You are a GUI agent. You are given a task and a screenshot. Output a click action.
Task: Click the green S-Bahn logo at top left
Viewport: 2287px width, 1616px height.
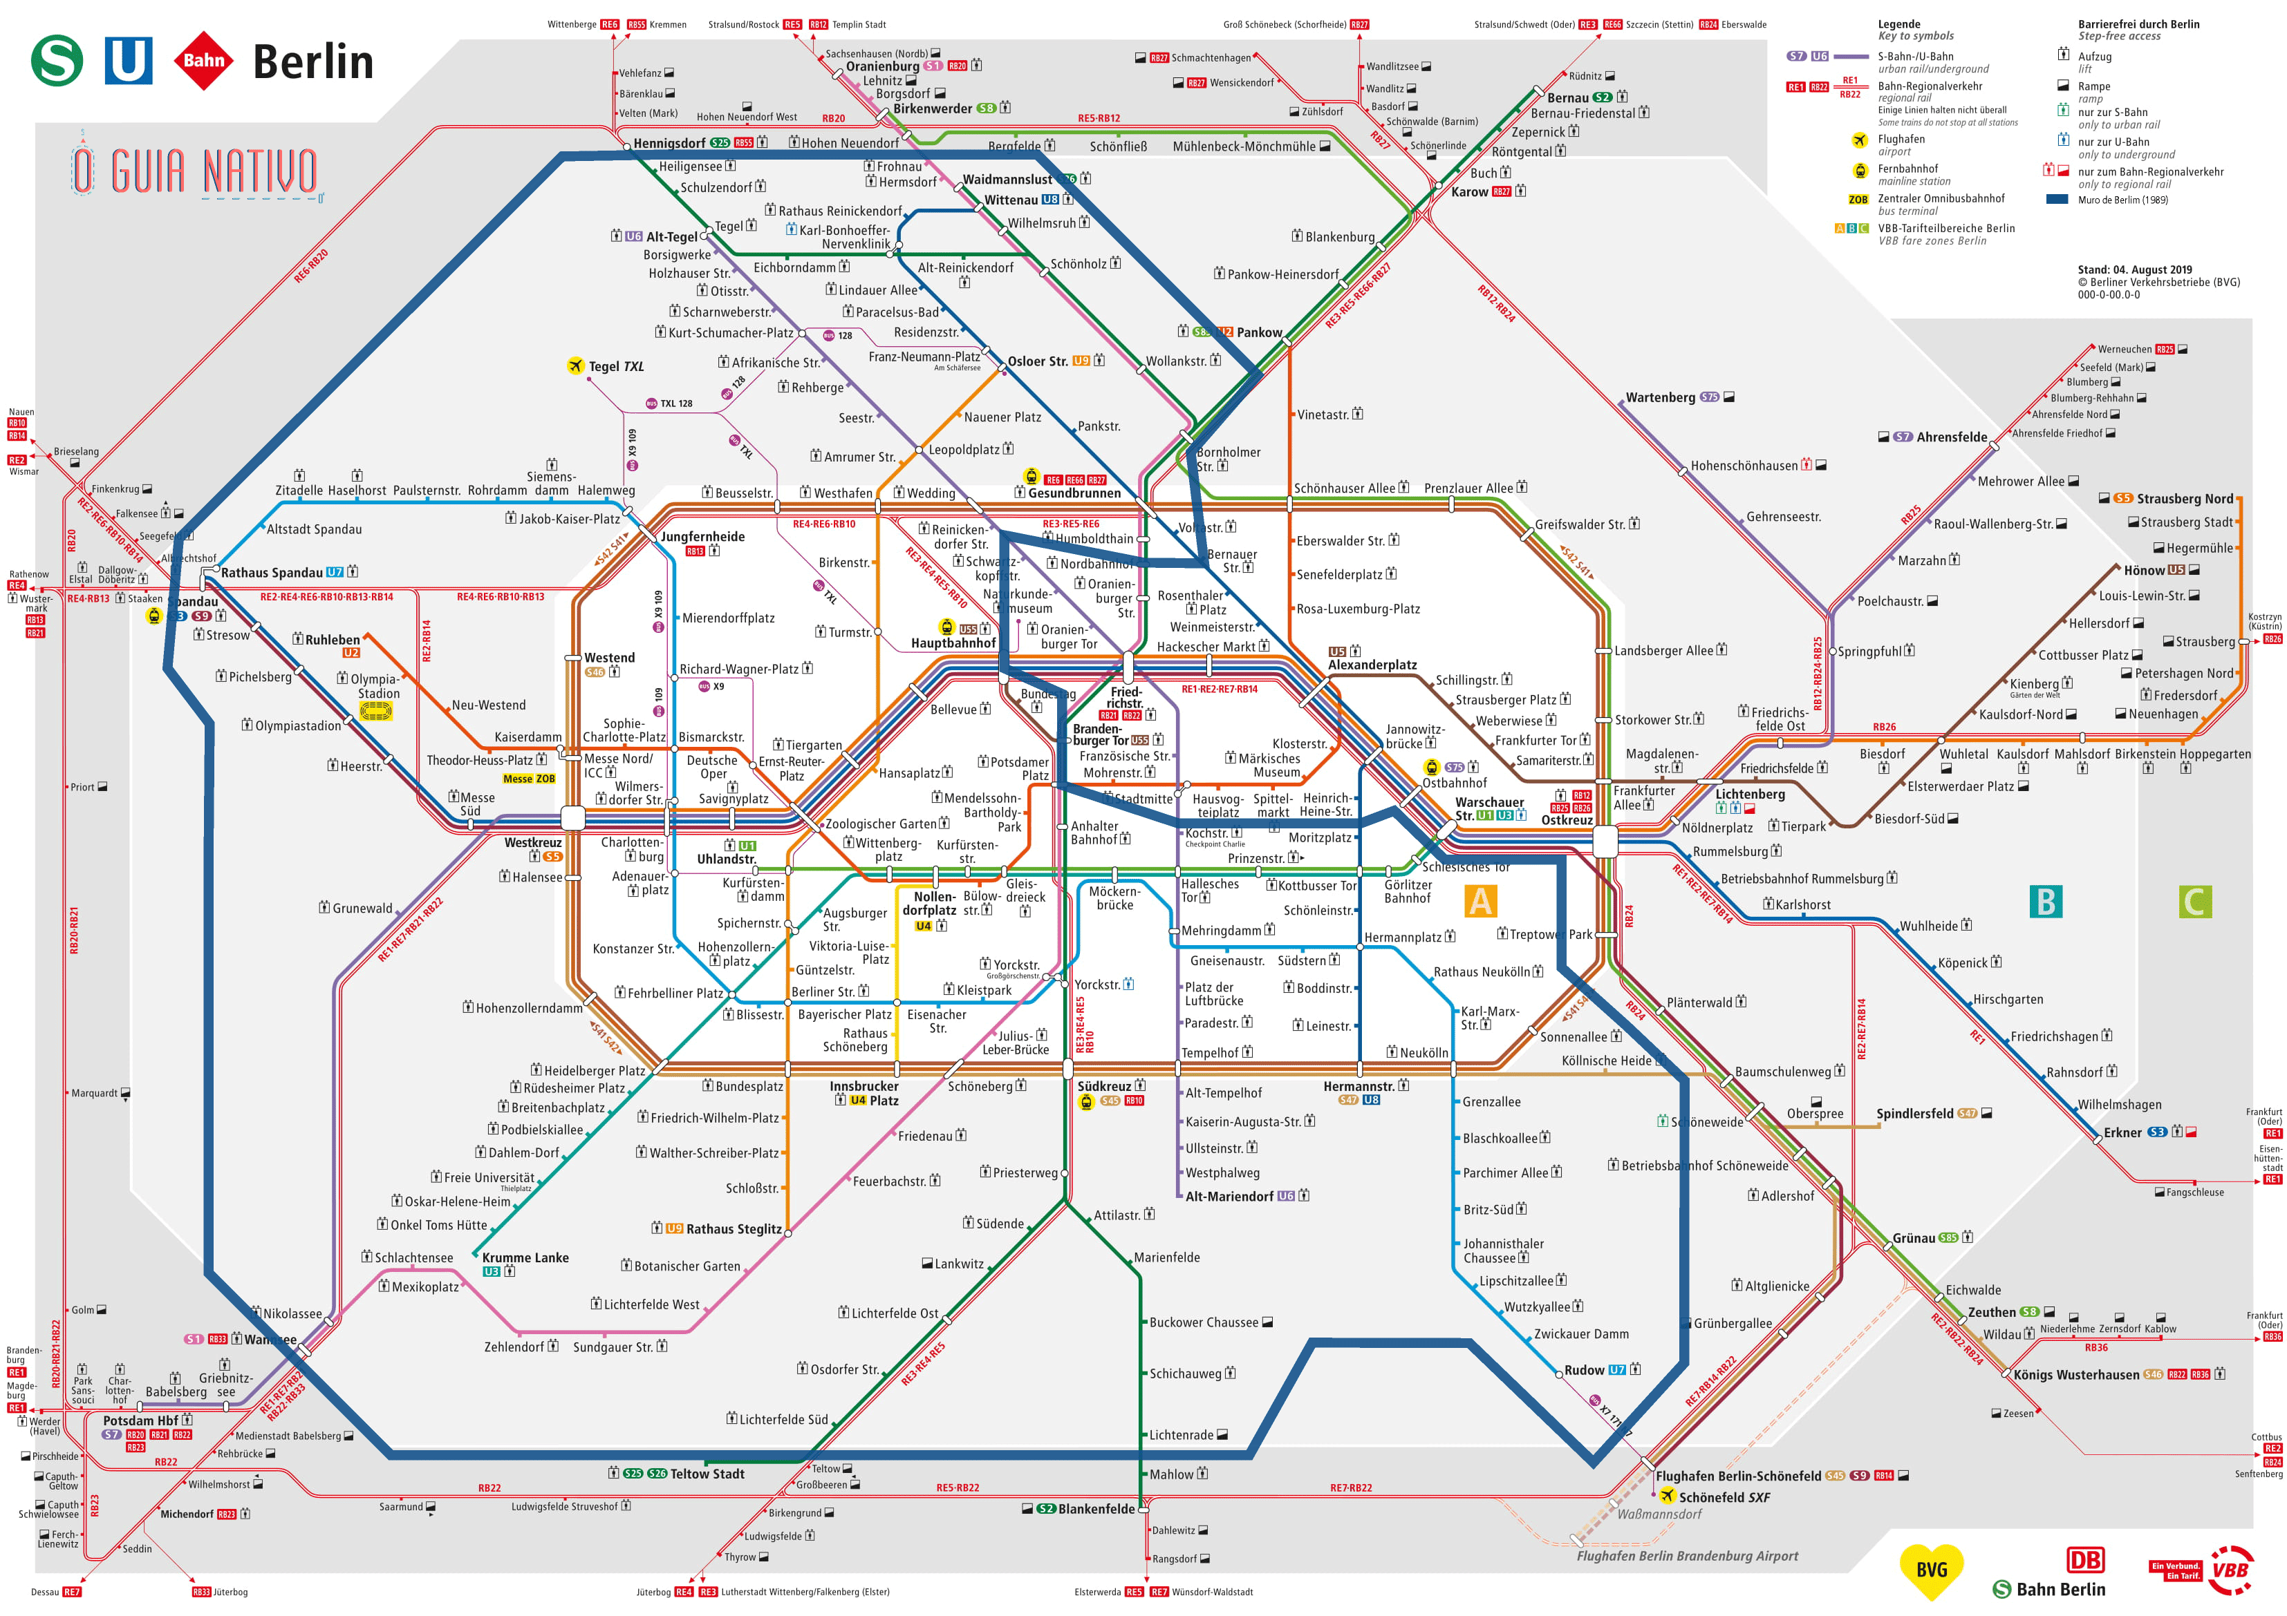coord(57,61)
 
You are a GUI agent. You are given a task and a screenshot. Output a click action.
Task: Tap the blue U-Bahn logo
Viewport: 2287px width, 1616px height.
coord(129,61)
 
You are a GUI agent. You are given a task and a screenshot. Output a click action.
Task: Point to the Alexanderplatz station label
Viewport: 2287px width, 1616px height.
coord(1372,665)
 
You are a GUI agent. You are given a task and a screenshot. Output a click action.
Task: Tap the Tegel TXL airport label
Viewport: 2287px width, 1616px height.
coord(615,366)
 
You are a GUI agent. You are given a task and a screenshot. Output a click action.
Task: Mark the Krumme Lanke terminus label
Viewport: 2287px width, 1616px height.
coord(525,1257)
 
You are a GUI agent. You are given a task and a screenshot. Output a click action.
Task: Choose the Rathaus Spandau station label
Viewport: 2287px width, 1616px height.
coord(271,573)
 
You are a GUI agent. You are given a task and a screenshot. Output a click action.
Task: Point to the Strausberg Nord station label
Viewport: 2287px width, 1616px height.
coord(2185,499)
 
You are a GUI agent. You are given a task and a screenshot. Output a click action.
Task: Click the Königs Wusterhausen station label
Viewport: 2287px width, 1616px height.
coord(2076,1375)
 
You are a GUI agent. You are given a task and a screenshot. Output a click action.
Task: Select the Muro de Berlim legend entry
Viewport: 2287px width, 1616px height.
coord(2122,200)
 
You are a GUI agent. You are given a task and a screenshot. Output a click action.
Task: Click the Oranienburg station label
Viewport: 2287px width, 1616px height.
coord(883,67)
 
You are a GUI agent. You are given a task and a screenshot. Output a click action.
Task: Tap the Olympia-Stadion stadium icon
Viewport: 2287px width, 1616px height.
coord(375,710)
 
